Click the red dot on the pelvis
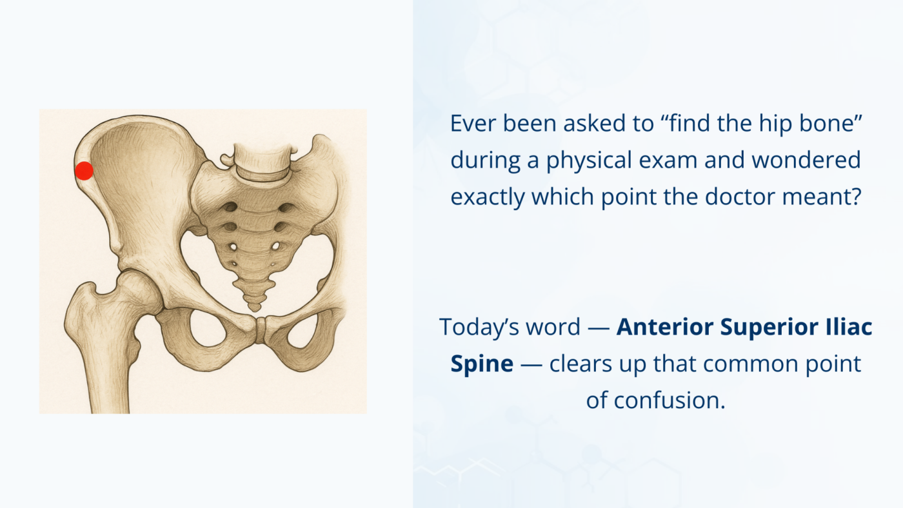click(x=84, y=171)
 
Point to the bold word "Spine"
click(x=481, y=364)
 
